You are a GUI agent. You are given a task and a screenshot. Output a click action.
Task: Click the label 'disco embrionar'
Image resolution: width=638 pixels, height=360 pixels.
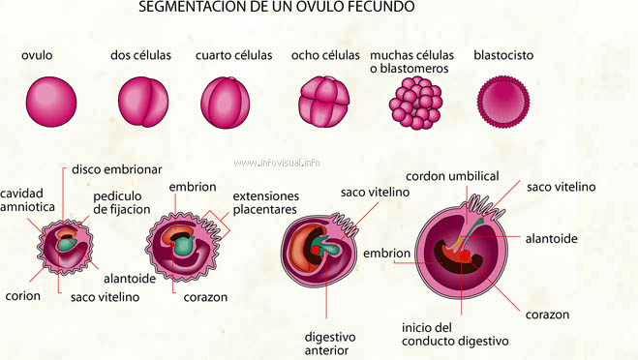[x=109, y=169]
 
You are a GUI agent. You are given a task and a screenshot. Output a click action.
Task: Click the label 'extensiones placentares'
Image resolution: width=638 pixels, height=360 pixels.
[x=265, y=202]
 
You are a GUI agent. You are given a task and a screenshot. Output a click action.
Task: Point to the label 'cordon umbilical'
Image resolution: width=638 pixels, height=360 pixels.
[x=451, y=176]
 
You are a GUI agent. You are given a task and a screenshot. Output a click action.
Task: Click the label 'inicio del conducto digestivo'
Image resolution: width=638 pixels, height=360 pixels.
[x=441, y=334]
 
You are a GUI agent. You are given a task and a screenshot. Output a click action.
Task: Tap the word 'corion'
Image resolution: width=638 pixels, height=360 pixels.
[x=22, y=296]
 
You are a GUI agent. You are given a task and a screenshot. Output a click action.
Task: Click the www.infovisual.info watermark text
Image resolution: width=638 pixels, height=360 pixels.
[x=277, y=163]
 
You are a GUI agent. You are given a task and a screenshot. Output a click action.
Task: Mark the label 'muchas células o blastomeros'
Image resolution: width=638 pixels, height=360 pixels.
[x=412, y=62]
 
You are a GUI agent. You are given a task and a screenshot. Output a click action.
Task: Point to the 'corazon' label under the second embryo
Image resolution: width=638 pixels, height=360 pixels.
[x=205, y=297]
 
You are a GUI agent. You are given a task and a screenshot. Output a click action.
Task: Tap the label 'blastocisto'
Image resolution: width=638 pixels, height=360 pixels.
[x=503, y=55]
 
